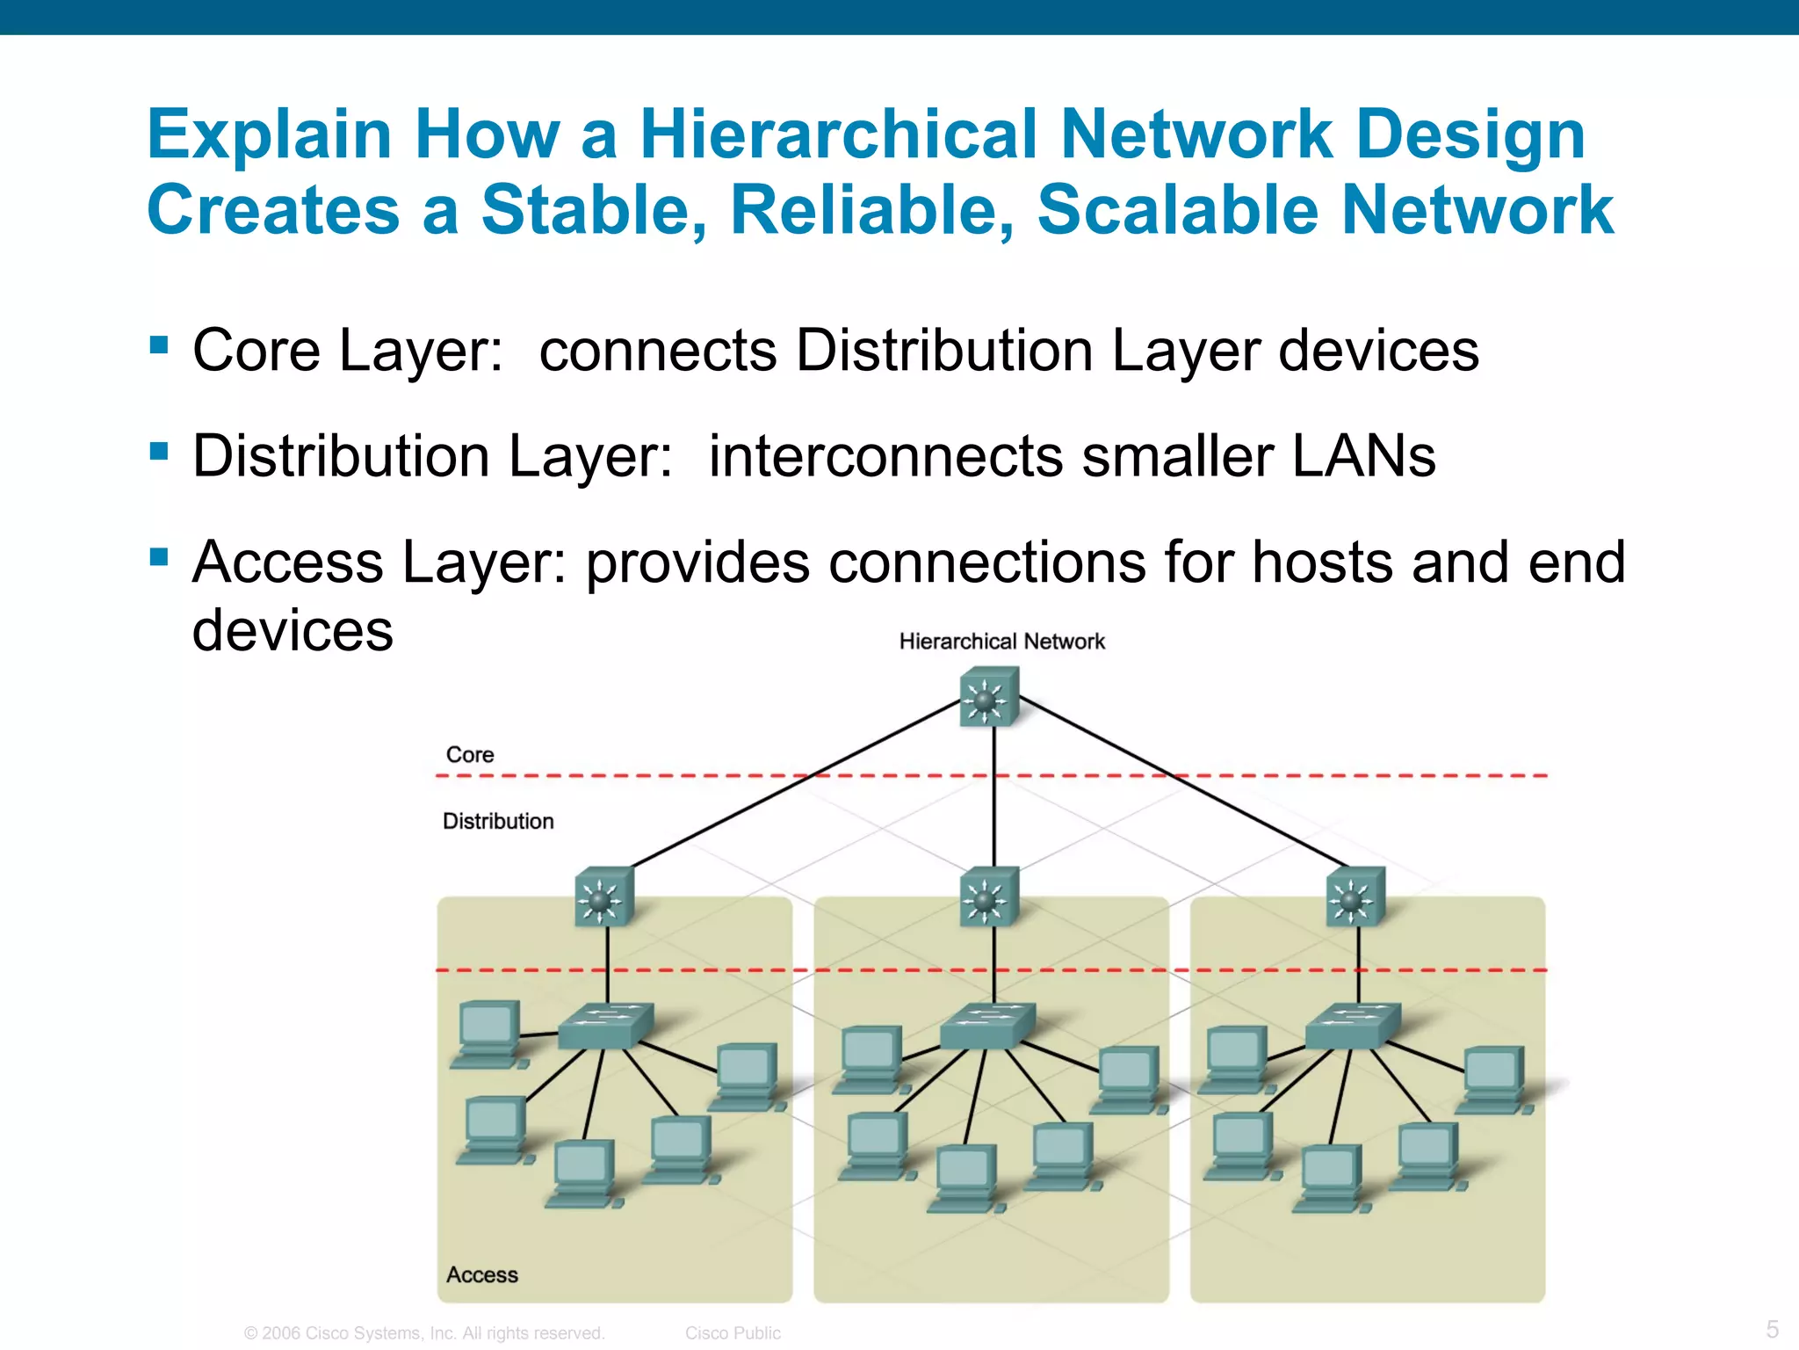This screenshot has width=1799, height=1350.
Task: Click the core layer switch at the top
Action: pyautogui.click(x=989, y=697)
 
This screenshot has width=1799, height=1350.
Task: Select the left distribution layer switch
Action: pyautogui.click(x=604, y=897)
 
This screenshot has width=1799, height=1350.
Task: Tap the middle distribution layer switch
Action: pyautogui.click(x=989, y=897)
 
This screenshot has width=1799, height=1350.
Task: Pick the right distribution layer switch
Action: pyautogui.click(x=1355, y=897)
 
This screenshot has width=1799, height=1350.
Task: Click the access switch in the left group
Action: pyautogui.click(x=606, y=1026)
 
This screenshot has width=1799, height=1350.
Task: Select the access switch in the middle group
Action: pyautogui.click(x=987, y=1026)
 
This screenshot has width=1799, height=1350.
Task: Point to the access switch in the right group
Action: pyautogui.click(x=1353, y=1026)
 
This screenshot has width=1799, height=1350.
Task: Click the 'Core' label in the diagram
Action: pyautogui.click(x=470, y=755)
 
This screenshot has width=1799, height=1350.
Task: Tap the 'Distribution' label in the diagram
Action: pyautogui.click(x=498, y=821)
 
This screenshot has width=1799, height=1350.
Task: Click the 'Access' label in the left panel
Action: pyautogui.click(x=482, y=1274)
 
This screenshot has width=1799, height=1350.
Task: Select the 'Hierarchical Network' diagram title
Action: pyautogui.click(x=1001, y=642)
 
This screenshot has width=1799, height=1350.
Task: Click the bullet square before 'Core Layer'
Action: pyautogui.click(x=159, y=344)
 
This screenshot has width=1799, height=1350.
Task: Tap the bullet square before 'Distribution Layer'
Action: pyautogui.click(x=159, y=451)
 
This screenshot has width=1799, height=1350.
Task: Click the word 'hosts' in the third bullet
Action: pyautogui.click(x=1322, y=562)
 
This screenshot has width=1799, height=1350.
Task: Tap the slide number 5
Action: pyautogui.click(x=1773, y=1329)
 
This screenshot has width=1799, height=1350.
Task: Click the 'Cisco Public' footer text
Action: pyautogui.click(x=733, y=1333)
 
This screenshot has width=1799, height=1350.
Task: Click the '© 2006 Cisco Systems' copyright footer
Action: pyautogui.click(x=424, y=1333)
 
